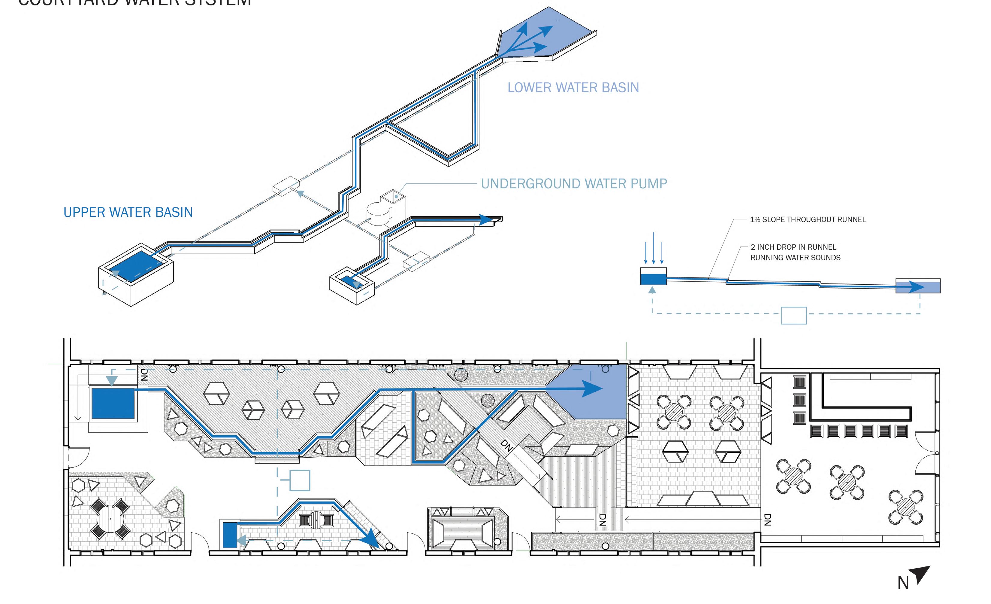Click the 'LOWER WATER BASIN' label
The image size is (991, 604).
[573, 87]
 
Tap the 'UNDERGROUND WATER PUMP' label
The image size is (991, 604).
[574, 184]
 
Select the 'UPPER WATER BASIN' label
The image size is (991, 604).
[128, 212]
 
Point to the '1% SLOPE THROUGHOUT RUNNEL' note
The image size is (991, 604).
[808, 219]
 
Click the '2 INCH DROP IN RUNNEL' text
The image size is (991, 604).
[793, 247]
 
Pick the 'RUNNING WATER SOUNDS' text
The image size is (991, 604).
[795, 258]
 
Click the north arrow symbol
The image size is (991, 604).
[921, 574]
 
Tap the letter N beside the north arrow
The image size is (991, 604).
[903, 583]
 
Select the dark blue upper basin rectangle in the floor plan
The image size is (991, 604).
[113, 403]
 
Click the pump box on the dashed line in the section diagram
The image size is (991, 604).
[793, 315]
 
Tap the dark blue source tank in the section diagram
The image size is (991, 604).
[653, 279]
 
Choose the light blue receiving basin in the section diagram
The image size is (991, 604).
[918, 286]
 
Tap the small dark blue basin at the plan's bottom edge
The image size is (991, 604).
[230, 534]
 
